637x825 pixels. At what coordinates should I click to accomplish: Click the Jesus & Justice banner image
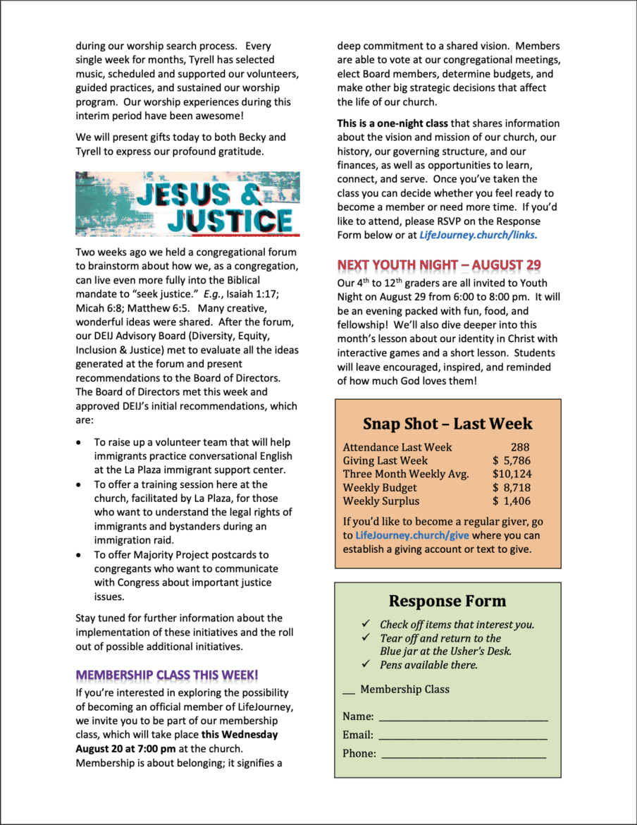187,204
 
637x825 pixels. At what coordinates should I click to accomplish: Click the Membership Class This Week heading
167,675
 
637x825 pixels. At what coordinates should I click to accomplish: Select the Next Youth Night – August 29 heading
439,265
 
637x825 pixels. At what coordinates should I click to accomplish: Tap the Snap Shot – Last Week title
447,424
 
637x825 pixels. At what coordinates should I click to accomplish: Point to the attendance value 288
520,447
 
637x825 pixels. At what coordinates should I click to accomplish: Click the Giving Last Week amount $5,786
512,460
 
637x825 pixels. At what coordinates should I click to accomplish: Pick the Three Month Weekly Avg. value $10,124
512,474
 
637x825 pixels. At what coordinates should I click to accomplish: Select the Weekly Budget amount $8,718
512,487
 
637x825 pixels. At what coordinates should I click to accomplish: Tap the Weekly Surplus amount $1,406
512,501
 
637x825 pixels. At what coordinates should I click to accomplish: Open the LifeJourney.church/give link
412,535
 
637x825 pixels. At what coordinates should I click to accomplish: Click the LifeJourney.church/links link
478,235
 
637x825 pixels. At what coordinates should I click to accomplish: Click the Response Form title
447,601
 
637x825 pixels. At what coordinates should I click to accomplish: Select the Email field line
463,737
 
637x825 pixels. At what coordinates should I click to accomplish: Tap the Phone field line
463,755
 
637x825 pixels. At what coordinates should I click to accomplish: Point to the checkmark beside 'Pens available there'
366,664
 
